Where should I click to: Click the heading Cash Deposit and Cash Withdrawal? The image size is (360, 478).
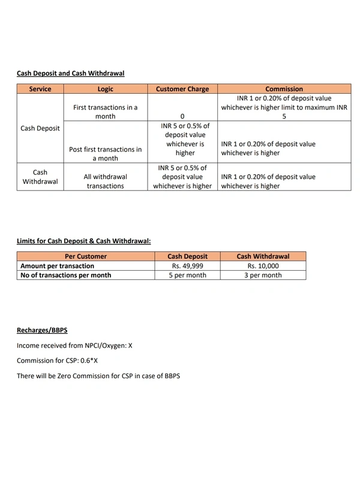pyautogui.click(x=70, y=73)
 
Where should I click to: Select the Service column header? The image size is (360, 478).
pyautogui.click(x=40, y=89)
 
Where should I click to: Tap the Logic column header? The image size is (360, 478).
pyautogui.click(x=105, y=89)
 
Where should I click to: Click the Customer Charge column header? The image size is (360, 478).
pyautogui.click(x=182, y=89)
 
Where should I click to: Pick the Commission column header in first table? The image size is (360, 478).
pyautogui.click(x=284, y=89)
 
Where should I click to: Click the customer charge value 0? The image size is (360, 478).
pyautogui.click(x=182, y=116)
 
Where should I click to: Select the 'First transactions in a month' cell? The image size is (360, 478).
pyautogui.click(x=105, y=112)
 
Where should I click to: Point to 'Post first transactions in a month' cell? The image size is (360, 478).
pyautogui.click(x=105, y=154)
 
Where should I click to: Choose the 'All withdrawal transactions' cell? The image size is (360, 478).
pyautogui.click(x=105, y=181)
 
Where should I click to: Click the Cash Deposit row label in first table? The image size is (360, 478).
pyautogui.click(x=40, y=128)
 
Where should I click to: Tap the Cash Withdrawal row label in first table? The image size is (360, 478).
pyautogui.click(x=40, y=177)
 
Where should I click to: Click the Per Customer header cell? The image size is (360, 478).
pyautogui.click(x=85, y=256)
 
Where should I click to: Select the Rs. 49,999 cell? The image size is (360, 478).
pyautogui.click(x=187, y=265)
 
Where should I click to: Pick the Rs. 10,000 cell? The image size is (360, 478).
pyautogui.click(x=263, y=265)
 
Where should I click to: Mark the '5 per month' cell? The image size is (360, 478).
pyautogui.click(x=187, y=275)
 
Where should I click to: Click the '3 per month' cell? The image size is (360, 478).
pyautogui.click(x=263, y=275)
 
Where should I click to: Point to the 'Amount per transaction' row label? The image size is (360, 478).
pyautogui.click(x=58, y=265)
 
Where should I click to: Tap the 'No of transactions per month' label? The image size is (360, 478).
pyautogui.click(x=66, y=275)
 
